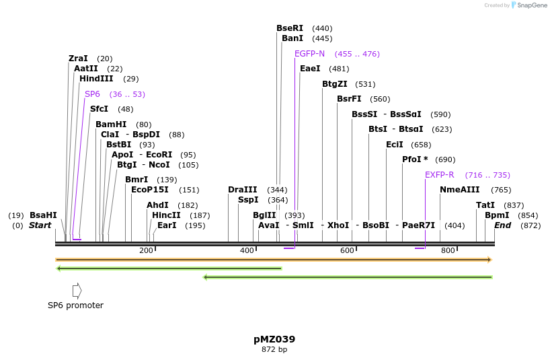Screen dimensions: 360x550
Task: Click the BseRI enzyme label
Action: (x=290, y=28)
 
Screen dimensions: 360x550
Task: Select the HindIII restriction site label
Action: (x=96, y=79)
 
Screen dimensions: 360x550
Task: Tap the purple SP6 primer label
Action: (x=92, y=94)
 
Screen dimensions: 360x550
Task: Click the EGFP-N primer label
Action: (x=309, y=54)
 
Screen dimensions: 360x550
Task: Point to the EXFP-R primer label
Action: (x=439, y=175)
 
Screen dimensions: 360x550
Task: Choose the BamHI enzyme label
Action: (x=111, y=124)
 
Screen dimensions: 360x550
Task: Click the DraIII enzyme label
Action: (x=242, y=190)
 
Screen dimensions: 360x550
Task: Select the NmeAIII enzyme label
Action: (x=459, y=190)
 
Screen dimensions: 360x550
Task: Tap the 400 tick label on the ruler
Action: (x=247, y=251)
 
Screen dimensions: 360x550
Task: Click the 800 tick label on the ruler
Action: (x=448, y=251)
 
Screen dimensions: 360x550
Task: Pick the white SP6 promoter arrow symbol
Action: (x=77, y=291)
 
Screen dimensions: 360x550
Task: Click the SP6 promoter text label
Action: (x=75, y=305)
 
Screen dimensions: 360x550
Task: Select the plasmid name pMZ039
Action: (x=274, y=339)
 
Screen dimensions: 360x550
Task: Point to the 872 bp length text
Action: (x=274, y=350)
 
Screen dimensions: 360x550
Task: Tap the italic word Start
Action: (x=40, y=225)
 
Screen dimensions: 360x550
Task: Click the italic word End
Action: (x=502, y=225)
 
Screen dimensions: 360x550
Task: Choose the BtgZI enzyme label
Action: (x=334, y=84)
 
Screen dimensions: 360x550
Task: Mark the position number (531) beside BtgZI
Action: (x=365, y=84)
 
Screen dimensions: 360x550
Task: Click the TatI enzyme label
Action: (x=485, y=205)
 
